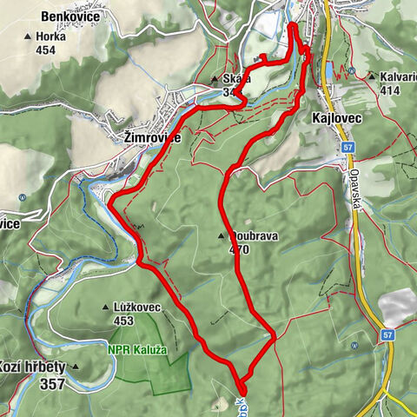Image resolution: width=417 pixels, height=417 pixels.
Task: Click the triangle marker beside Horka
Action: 28,36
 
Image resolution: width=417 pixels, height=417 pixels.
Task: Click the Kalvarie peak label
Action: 398,76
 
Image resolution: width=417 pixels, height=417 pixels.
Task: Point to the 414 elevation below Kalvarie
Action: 389,89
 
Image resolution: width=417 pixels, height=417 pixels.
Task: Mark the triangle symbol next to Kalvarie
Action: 371,76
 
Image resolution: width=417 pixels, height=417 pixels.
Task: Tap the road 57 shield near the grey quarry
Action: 385,334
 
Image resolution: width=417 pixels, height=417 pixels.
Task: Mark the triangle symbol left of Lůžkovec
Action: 106,307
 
